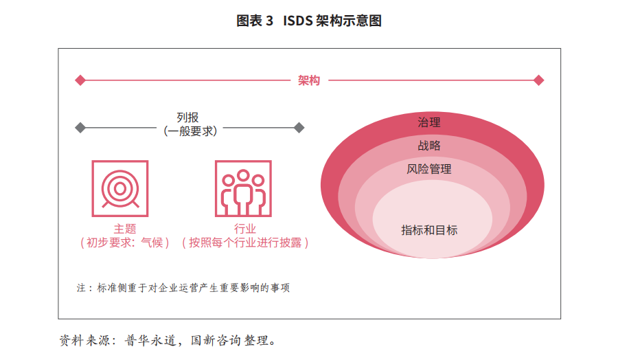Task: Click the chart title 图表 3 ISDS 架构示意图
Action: [x=309, y=21]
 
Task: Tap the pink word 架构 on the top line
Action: [x=309, y=80]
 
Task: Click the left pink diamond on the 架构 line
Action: [x=80, y=80]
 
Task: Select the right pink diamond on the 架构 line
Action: [x=539, y=80]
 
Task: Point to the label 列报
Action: [x=187, y=117]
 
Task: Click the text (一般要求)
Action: [x=190, y=131]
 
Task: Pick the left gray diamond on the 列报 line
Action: [x=80, y=128]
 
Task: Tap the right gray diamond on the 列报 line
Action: [x=299, y=128]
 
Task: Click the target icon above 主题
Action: [x=120, y=188]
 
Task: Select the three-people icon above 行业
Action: [x=243, y=188]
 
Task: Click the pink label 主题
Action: [x=125, y=229]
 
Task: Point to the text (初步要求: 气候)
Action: [x=125, y=243]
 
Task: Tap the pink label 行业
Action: [x=244, y=229]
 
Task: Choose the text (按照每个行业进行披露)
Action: [x=244, y=243]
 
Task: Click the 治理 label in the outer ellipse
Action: [x=429, y=122]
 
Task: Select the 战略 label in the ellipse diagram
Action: [x=429, y=146]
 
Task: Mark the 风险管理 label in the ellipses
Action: [x=429, y=169]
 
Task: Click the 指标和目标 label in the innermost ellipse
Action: [x=429, y=230]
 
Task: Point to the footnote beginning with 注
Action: [x=183, y=288]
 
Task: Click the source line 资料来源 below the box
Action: [x=168, y=340]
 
